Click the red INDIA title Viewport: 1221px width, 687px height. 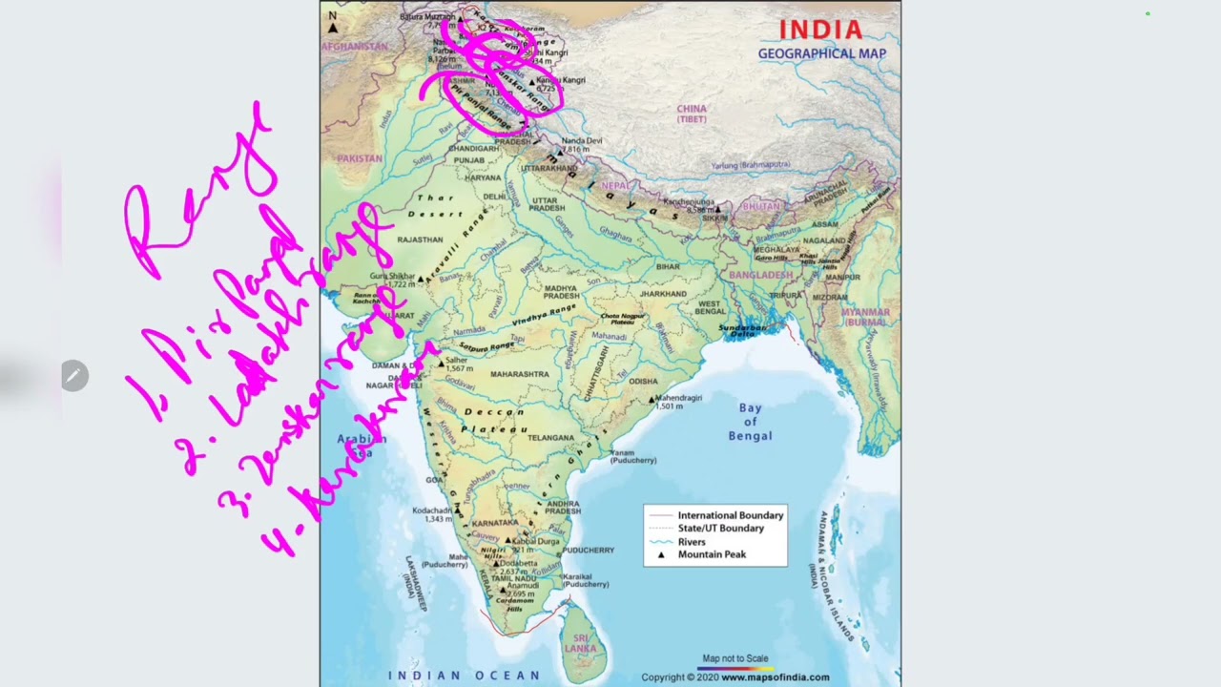[820, 31]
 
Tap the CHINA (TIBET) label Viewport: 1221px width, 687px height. [692, 114]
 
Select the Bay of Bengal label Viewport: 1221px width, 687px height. [750, 422]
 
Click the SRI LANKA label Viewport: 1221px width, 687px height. [579, 643]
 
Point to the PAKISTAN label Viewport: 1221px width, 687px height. [360, 158]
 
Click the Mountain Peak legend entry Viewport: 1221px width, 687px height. [712, 554]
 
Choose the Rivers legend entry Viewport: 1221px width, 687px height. [692, 541]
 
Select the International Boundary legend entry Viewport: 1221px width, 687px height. [730, 515]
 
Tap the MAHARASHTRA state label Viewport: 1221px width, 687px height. [520, 374]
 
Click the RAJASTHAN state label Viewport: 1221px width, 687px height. [420, 239]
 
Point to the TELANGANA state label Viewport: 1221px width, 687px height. [550, 438]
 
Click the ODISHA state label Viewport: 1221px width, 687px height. [643, 382]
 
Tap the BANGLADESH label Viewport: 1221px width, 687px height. [760, 275]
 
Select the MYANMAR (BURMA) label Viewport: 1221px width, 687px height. [865, 317]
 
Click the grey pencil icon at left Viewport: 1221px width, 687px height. [74, 376]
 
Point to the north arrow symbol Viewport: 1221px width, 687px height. [332, 23]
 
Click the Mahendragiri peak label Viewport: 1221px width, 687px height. [677, 398]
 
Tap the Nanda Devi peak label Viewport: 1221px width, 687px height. [582, 141]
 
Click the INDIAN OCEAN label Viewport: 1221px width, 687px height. [464, 676]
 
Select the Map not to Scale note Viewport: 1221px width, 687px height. [735, 658]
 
